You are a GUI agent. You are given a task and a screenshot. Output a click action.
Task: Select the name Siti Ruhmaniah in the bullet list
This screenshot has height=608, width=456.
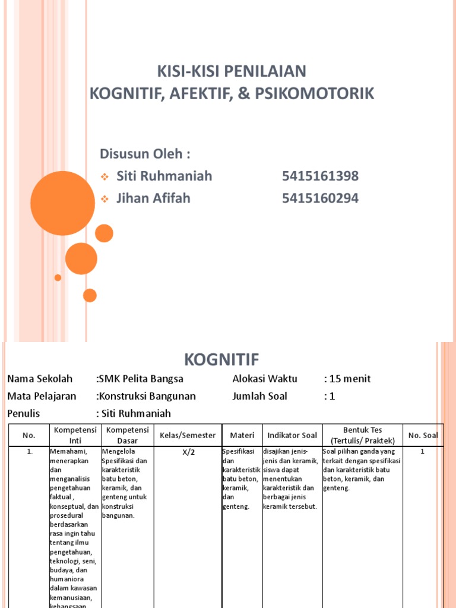164,176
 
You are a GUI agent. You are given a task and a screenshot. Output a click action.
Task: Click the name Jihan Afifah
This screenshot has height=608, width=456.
153,198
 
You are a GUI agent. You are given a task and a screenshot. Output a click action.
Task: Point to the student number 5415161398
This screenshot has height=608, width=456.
320,176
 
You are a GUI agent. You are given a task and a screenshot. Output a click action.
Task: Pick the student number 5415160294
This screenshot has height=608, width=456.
320,198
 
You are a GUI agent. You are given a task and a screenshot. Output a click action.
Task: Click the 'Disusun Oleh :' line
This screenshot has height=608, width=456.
145,154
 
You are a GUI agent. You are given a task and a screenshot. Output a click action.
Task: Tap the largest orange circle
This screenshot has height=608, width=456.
62,203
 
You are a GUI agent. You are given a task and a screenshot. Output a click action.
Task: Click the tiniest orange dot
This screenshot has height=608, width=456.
58,277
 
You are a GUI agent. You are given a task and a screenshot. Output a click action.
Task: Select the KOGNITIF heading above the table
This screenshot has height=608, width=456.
221,359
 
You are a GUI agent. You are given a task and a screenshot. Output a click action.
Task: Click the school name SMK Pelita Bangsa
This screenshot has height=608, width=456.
141,379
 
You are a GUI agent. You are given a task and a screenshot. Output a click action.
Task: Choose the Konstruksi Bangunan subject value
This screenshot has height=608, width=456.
147,396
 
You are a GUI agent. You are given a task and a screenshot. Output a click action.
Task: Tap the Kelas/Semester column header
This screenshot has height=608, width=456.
188,435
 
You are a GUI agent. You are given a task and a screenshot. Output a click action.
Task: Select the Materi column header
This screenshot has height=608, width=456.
242,435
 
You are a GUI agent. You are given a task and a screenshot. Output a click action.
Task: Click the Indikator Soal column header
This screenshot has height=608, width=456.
292,435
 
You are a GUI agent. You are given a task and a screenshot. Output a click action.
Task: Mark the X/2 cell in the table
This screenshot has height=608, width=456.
188,452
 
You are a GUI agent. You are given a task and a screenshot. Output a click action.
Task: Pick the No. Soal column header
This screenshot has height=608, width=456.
423,435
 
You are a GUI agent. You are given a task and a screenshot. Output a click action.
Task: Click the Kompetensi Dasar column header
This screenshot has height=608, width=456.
128,435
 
